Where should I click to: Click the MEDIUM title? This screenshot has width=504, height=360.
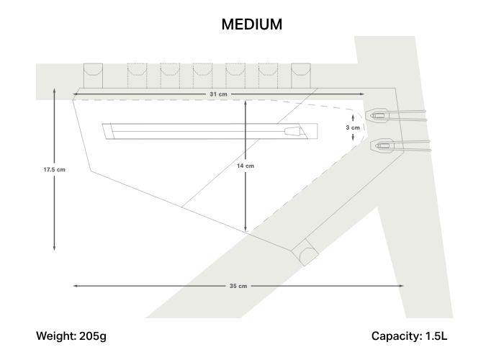(252, 24)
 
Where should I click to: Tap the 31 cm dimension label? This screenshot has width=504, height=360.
(218, 94)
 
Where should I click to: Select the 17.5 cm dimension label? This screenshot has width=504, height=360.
(54, 169)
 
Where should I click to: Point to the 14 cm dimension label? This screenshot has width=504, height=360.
(246, 166)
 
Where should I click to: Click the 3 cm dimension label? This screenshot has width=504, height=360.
(353, 127)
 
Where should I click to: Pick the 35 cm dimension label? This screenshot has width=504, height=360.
(238, 286)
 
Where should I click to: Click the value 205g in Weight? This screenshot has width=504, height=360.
(93, 336)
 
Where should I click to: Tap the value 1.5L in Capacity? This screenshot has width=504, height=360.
(436, 336)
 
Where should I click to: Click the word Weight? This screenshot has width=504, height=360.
(56, 336)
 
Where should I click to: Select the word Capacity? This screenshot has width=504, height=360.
(397, 336)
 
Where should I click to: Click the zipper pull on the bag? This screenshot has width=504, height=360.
(292, 131)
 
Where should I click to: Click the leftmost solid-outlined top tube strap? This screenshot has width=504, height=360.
(93, 76)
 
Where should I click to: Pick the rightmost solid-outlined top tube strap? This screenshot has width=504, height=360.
(301, 76)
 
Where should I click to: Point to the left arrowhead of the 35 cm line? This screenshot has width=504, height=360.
(75, 286)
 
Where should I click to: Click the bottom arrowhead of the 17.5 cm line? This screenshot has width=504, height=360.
(54, 248)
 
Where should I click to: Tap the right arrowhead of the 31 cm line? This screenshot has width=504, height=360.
(362, 94)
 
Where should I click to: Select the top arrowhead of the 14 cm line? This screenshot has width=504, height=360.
(246, 103)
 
